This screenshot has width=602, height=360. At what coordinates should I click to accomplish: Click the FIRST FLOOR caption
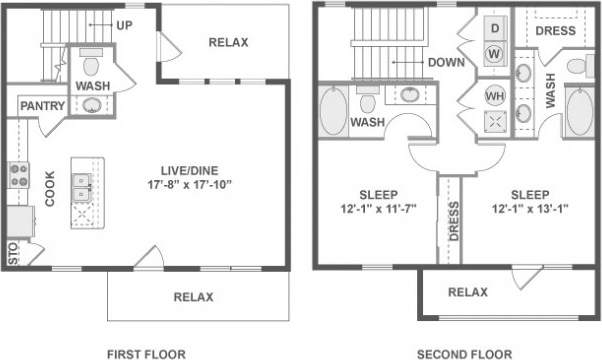click(146, 353)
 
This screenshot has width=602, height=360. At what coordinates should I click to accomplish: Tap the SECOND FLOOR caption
click(464, 353)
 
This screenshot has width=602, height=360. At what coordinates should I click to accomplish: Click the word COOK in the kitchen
click(49, 186)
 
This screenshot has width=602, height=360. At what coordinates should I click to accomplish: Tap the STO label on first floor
click(13, 254)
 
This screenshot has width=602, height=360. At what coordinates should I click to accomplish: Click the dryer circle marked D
click(493, 26)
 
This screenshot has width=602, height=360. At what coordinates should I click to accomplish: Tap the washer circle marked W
click(493, 52)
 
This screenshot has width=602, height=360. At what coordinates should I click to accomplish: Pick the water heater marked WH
click(494, 96)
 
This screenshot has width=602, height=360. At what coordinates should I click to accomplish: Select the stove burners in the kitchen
click(17, 177)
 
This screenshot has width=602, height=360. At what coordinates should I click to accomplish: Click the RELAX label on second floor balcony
click(467, 292)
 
